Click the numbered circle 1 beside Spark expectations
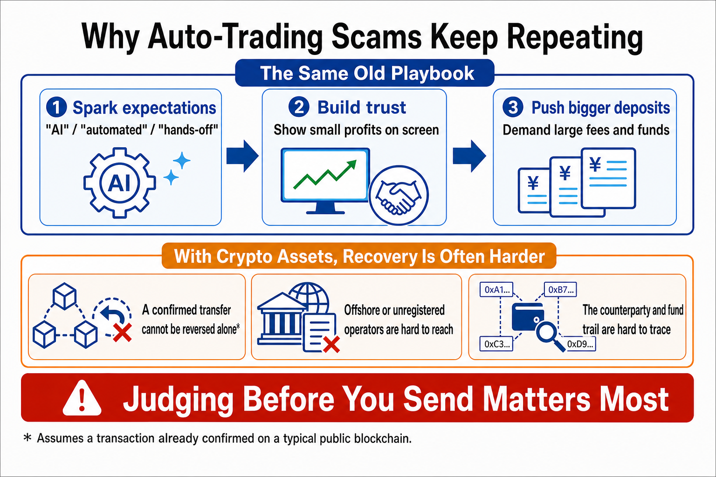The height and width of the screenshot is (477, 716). pyautogui.click(x=56, y=107)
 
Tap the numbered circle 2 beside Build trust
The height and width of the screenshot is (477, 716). pyautogui.click(x=299, y=107)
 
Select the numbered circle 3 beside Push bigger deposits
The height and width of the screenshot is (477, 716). pyautogui.click(x=513, y=107)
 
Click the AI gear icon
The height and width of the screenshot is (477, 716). pyautogui.click(x=119, y=183)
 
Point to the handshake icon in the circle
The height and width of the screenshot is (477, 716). pyautogui.click(x=398, y=195)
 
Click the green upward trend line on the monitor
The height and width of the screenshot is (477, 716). pyautogui.click(x=325, y=174)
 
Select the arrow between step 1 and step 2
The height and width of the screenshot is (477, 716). pyautogui.click(x=242, y=156)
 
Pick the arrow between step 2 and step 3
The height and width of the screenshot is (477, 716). pyautogui.click(x=469, y=156)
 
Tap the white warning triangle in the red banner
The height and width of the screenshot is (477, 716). pyautogui.click(x=82, y=398)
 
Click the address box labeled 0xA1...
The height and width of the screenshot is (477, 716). pyautogui.click(x=496, y=289)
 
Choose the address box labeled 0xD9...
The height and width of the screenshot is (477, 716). pyautogui.click(x=579, y=344)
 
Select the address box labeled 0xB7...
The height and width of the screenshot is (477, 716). pyautogui.click(x=560, y=289)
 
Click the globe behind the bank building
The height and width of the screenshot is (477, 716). pyautogui.click(x=309, y=299)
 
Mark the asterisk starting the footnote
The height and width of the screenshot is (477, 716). pyautogui.click(x=28, y=437)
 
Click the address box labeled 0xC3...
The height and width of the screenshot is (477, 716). pyautogui.click(x=496, y=344)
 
